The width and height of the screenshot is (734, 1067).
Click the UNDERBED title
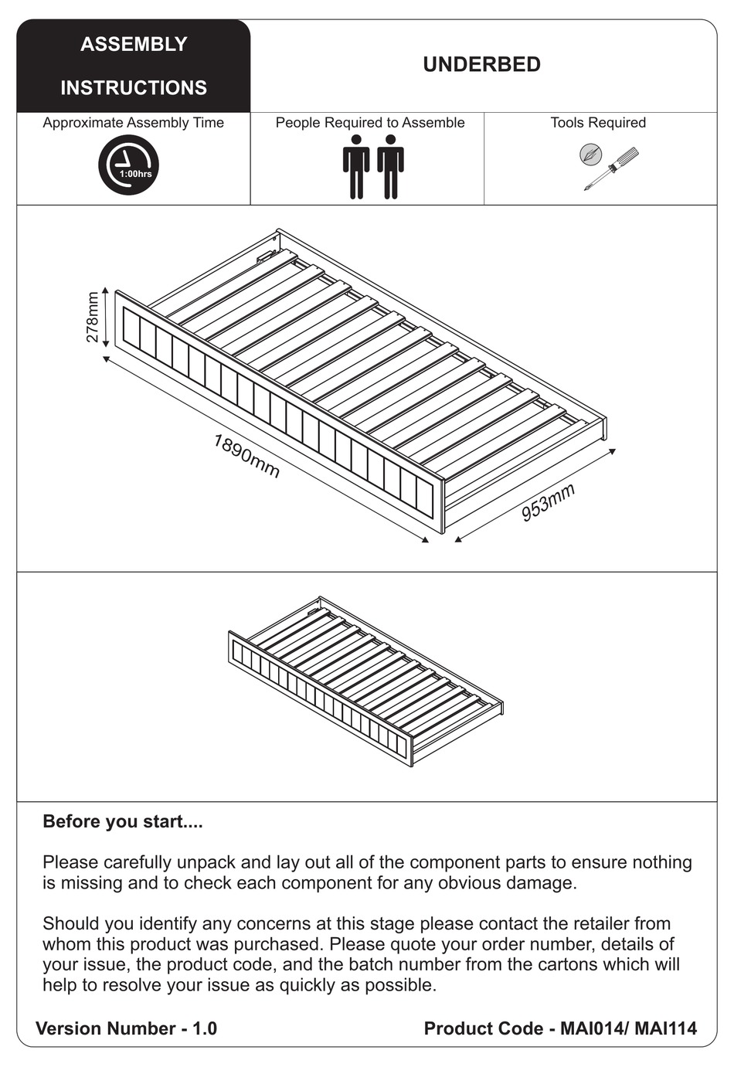pyautogui.click(x=481, y=65)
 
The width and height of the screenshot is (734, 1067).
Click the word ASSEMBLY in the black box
pyautogui.click(x=134, y=45)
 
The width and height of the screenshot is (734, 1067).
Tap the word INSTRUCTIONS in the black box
pyautogui.click(x=134, y=88)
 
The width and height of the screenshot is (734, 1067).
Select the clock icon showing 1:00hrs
pyautogui.click(x=128, y=165)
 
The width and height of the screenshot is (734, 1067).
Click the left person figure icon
pyautogui.click(x=356, y=167)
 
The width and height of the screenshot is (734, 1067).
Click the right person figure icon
pyautogui.click(x=391, y=167)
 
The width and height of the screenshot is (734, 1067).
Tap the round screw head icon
pyautogui.click(x=590, y=154)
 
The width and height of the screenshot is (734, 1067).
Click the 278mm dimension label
pyautogui.click(x=93, y=318)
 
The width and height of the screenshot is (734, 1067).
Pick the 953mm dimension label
pyautogui.click(x=548, y=503)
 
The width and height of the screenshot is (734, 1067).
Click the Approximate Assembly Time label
pyautogui.click(x=133, y=123)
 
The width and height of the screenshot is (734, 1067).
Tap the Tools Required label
pyautogui.click(x=598, y=123)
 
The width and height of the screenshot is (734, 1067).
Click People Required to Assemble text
pyautogui.click(x=370, y=123)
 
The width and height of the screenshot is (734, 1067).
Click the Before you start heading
pyautogui.click(x=123, y=821)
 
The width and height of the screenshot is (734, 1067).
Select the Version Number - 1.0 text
pyautogui.click(x=127, y=1028)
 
